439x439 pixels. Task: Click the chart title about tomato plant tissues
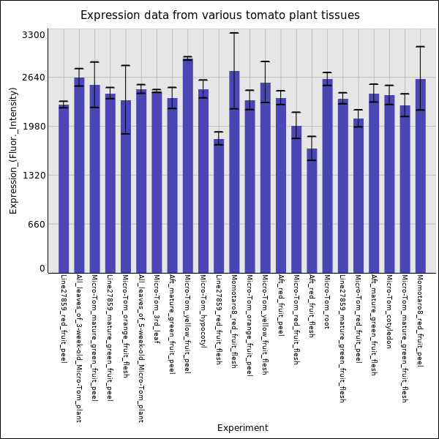coord(219,15)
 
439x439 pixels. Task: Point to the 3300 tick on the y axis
coord(34,34)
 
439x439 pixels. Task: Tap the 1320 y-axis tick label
coord(34,176)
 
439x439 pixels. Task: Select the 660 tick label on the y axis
coord(37,225)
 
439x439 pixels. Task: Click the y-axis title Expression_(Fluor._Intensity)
coord(13,150)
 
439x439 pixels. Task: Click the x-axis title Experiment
coord(242,428)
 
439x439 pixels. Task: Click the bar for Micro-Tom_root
coord(327,176)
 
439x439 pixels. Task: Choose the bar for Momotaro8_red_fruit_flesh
coord(234,172)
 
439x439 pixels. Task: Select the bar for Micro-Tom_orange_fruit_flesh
coord(126,187)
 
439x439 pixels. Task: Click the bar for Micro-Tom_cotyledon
coord(389,184)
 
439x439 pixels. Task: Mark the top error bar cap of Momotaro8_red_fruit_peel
coord(420,47)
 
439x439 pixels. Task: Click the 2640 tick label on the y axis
coord(34,78)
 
